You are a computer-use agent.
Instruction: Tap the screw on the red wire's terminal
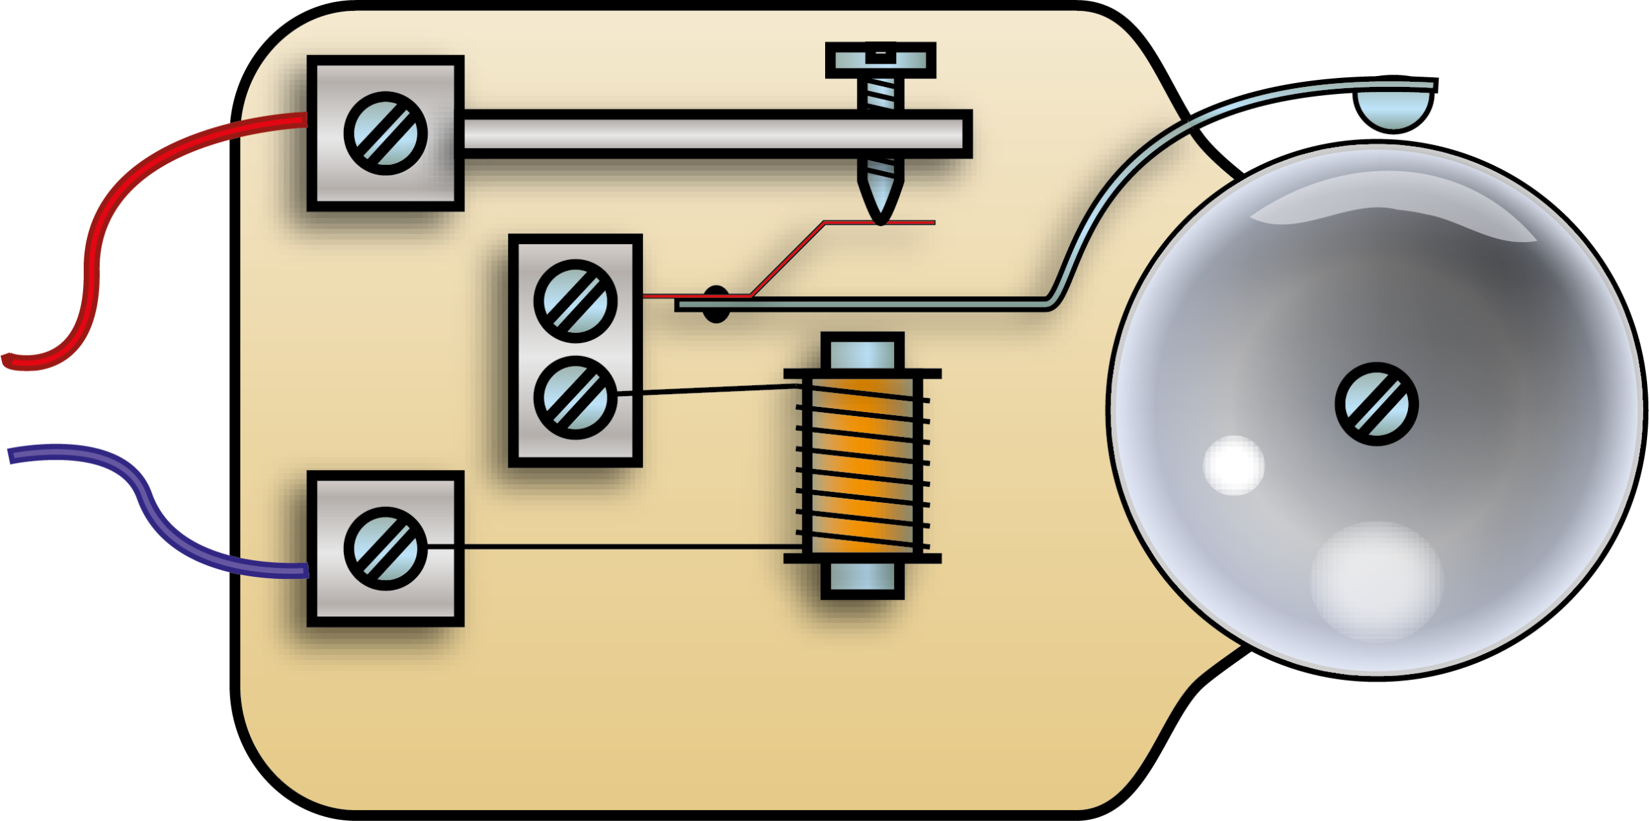coord(385,133)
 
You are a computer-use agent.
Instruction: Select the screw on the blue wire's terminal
coord(385,549)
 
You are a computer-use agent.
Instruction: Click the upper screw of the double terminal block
coord(575,301)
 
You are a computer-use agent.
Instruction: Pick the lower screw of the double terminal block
coord(575,397)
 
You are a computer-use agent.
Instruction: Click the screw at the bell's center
coord(1377,404)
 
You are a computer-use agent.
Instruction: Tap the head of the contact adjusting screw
coord(881,61)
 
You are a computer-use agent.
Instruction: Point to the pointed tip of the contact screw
coord(880,209)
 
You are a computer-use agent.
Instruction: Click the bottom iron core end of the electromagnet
coord(863,579)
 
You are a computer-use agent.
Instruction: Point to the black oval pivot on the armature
coord(714,305)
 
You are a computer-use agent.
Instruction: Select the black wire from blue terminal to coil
coord(612,547)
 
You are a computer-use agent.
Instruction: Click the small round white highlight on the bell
coord(1234,465)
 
